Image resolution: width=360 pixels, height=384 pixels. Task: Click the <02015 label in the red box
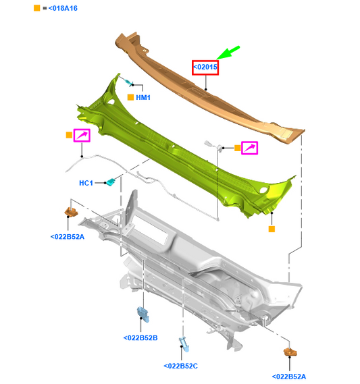coord(205,67)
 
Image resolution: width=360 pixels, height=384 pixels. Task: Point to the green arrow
coord(228,53)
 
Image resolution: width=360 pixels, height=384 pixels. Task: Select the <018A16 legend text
coord(63,8)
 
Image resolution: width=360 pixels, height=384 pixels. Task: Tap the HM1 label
coord(143,97)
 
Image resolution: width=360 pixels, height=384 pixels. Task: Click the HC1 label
coord(86,183)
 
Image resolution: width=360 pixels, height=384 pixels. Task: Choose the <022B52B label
coord(140,338)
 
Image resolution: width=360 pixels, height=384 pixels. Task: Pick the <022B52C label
coord(180,366)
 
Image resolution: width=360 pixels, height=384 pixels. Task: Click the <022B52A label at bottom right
coord(289,377)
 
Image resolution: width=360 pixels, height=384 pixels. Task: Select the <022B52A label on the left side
coord(68,237)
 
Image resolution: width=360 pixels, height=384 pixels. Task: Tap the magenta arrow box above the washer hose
coord(82,136)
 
